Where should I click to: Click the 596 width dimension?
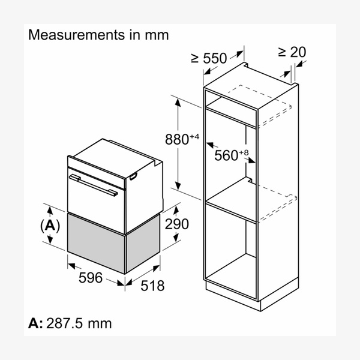coord(91,278)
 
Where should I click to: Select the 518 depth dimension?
coord(152,286)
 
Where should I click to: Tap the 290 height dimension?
coord(177,224)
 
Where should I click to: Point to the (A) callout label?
coord(50,226)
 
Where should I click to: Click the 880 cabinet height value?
coord(177,139)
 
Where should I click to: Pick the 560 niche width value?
coord(226,155)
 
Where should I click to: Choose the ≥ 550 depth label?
coord(209,58)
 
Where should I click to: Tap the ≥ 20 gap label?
coord(292,52)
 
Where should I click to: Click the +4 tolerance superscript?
coord(194,137)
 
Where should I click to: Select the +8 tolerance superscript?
coord(244,152)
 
